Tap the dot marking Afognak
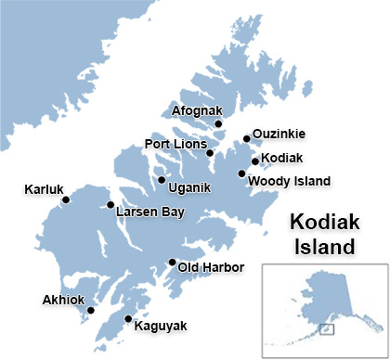pyautogui.click(x=218, y=123)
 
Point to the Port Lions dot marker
pyautogui.click(x=210, y=152)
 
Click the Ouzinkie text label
pyautogui.click(x=279, y=134)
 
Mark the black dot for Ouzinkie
pyautogui.click(x=246, y=139)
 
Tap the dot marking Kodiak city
pyautogui.click(x=254, y=161)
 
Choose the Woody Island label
pyautogui.click(x=292, y=180)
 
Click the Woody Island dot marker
pyautogui.click(x=241, y=174)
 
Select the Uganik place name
pyautogui.click(x=190, y=188)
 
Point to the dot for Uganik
pyautogui.click(x=162, y=180)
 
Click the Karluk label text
pyautogui.click(x=43, y=191)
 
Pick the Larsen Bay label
pyautogui.click(x=149, y=212)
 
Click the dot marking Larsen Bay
pyautogui.click(x=110, y=205)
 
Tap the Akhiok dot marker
pyautogui.click(x=91, y=311)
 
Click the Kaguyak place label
pyautogui.click(x=161, y=327)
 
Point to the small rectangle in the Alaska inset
pyautogui.click(x=326, y=328)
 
